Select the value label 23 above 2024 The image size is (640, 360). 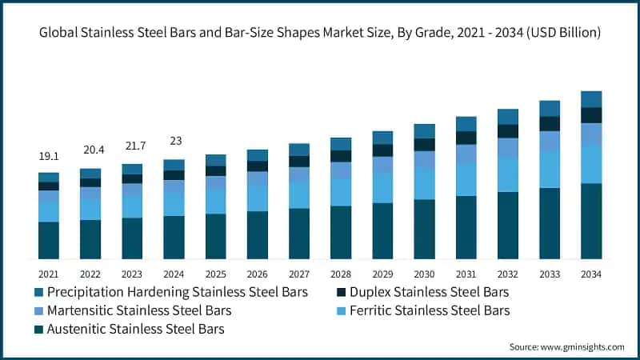tap(174, 141)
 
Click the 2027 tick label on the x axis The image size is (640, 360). tap(299, 274)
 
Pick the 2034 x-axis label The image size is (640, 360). tap(591, 274)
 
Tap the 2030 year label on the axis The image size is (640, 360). tap(424, 274)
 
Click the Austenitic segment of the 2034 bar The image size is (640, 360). tap(591, 221)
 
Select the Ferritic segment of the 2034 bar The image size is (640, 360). tap(591, 164)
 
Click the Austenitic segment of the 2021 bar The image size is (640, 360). tap(49, 240)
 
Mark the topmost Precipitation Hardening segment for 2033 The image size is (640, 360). tap(550, 108)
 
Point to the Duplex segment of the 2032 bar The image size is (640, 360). tap(508, 131)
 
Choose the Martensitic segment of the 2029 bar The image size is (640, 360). tap(382, 165)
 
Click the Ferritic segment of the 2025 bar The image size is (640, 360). tap(216, 202)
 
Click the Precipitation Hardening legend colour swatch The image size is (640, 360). tap(38, 292)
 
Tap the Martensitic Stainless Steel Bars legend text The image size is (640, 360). tap(139, 310)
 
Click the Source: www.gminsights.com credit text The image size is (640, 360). tap(566, 346)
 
